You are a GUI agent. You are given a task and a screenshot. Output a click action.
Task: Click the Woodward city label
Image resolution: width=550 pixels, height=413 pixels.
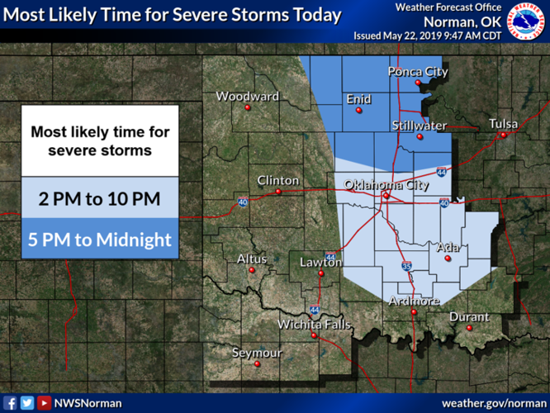(x=247, y=97)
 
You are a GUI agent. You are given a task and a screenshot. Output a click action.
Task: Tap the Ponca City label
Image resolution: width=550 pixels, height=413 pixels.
(x=418, y=72)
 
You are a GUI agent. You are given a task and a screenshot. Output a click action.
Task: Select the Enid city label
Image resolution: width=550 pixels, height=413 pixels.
(x=358, y=99)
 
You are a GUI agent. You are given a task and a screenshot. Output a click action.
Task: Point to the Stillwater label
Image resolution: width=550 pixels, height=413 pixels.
(x=420, y=126)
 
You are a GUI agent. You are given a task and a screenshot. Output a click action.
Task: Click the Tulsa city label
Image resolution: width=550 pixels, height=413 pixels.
(x=503, y=125)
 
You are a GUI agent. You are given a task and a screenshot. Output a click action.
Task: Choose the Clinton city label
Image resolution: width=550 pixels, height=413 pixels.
(x=273, y=180)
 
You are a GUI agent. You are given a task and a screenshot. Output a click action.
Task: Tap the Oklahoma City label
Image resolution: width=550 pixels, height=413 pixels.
(x=386, y=185)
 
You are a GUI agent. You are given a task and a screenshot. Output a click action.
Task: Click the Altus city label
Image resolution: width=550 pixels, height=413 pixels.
(x=252, y=259)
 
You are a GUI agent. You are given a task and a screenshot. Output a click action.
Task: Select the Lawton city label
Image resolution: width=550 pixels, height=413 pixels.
(x=320, y=263)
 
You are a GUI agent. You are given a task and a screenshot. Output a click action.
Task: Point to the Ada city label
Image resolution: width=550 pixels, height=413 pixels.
(x=447, y=247)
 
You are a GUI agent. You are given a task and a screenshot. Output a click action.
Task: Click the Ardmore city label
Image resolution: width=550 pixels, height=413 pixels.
(x=414, y=301)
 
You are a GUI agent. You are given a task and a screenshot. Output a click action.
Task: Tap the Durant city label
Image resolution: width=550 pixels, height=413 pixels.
(x=469, y=317)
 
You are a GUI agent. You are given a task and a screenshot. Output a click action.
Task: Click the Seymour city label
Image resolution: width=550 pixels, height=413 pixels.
(x=256, y=353)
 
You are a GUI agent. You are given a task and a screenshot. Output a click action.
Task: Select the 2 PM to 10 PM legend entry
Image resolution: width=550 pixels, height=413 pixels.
(x=99, y=199)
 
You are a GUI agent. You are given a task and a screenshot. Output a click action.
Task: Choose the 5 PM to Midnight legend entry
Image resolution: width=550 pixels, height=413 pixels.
(x=99, y=240)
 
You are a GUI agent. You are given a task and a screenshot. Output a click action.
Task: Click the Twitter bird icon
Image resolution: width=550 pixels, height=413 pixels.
(x=26, y=403)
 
